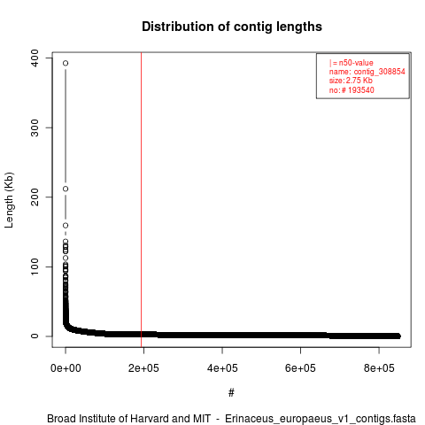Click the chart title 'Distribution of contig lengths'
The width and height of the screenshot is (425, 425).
[232, 27]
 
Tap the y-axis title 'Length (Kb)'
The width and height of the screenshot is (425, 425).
[9, 200]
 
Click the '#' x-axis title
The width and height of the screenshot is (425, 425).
[231, 393]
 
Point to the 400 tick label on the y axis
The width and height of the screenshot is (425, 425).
[35, 58]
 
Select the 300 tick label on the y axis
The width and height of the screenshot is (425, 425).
[35, 127]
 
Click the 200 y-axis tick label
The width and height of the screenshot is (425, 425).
[35, 197]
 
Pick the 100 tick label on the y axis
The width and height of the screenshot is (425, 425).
[35, 267]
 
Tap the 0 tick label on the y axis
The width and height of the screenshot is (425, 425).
[35, 336]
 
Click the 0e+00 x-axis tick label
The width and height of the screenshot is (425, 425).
[66, 368]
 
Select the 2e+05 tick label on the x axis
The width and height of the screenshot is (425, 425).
[143, 368]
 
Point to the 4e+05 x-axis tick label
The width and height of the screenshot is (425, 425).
[222, 368]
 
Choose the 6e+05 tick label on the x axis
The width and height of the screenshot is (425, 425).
[300, 368]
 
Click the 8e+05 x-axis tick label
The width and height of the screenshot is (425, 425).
[379, 368]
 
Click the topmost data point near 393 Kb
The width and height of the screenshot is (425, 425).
[66, 63]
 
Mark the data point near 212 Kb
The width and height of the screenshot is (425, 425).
[66, 189]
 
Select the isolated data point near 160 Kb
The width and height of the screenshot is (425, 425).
[66, 226]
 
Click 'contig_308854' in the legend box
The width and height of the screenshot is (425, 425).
[380, 72]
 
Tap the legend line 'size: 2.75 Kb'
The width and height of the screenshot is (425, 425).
[351, 81]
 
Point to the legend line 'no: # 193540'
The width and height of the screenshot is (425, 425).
[352, 90]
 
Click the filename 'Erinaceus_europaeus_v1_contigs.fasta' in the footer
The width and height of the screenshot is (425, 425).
[321, 419]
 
